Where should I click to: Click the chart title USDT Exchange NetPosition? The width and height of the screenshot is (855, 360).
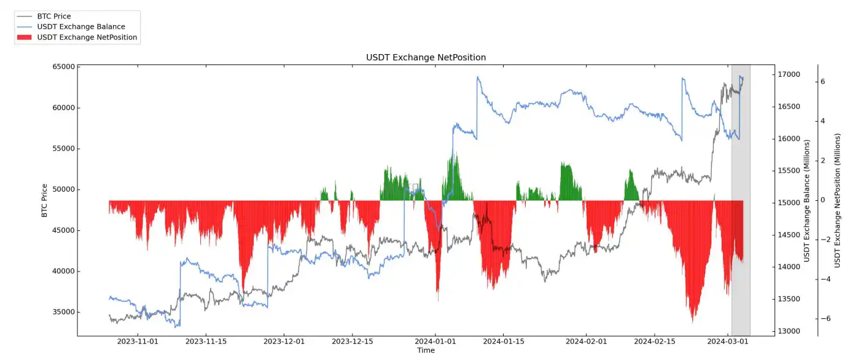[426, 57]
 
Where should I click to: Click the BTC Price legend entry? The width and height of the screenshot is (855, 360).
[55, 17]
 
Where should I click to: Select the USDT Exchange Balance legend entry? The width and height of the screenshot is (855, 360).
[80, 27]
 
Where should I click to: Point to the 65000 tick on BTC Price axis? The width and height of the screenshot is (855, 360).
[61, 67]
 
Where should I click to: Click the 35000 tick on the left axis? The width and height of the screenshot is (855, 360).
[61, 312]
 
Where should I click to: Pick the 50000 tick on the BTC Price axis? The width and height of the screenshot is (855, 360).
[61, 189]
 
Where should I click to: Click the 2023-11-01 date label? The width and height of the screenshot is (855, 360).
[138, 341]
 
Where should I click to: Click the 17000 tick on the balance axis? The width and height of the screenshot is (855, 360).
[789, 75]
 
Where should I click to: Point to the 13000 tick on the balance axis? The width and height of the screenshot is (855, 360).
[789, 331]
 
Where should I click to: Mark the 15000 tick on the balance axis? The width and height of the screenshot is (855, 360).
[789, 203]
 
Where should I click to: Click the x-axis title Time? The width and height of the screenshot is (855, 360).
[426, 351]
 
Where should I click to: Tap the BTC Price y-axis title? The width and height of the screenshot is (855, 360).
[44, 200]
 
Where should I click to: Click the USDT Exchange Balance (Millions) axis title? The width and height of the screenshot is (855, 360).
[807, 200]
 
